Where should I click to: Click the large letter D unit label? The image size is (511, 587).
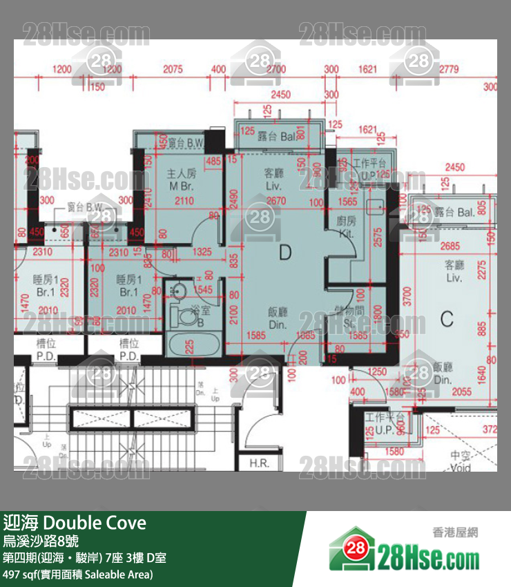(285, 253)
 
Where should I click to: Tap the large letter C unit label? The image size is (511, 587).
(447, 319)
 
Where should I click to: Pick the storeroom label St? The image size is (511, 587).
(345, 321)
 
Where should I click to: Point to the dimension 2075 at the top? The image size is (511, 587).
(173, 69)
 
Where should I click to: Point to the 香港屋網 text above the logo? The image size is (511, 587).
(454, 532)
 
